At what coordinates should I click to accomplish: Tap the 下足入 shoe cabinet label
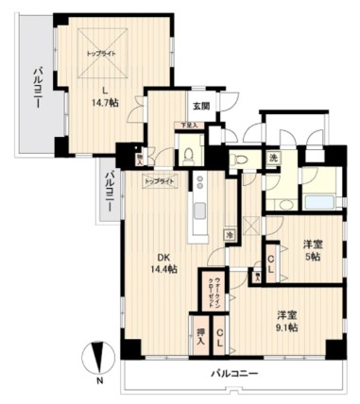pyautogui.click(x=191, y=125)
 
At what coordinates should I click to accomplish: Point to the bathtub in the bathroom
pyautogui.click(x=319, y=200)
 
